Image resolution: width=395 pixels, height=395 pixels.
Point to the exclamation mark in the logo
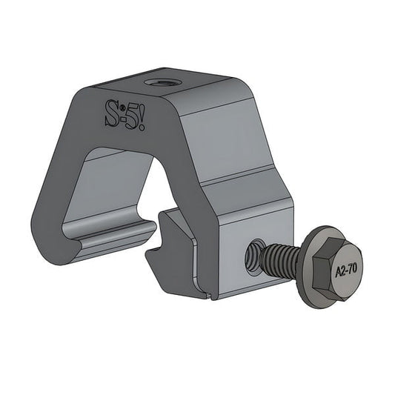click(x=142, y=116)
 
